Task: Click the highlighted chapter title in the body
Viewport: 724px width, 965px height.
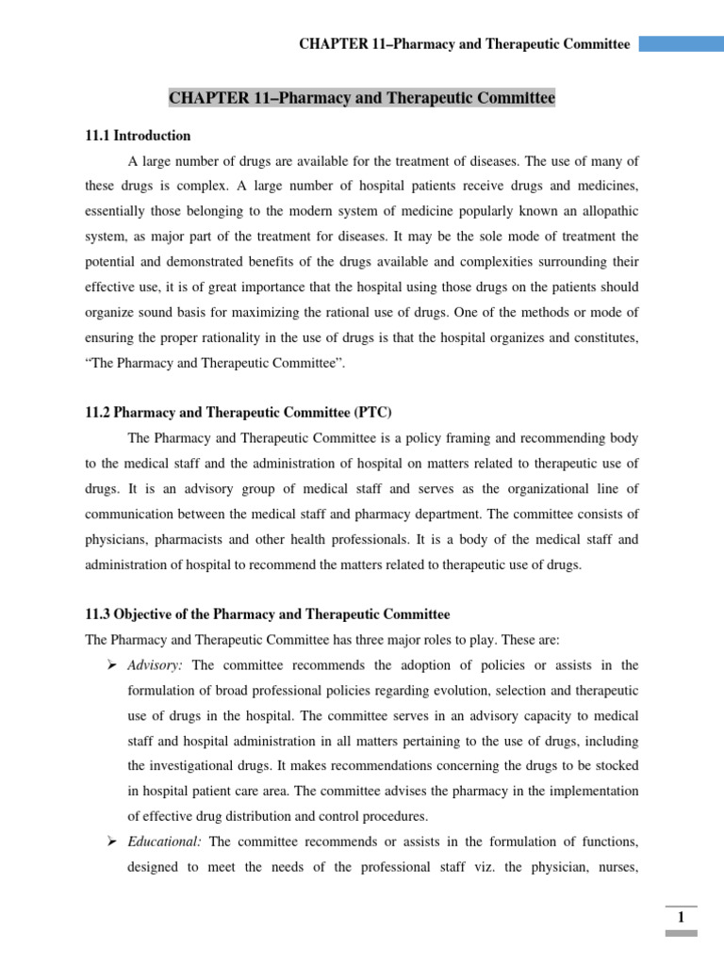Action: pyautogui.click(x=362, y=98)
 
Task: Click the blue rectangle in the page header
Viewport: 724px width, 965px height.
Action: pyautogui.click(x=682, y=44)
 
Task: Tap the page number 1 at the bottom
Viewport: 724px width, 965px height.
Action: pyautogui.click(x=681, y=918)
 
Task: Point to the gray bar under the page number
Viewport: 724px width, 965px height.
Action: pyautogui.click(x=681, y=933)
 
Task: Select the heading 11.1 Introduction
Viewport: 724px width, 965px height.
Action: pyautogui.click(x=138, y=136)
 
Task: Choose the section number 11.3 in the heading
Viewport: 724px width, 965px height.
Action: pyautogui.click(x=100, y=614)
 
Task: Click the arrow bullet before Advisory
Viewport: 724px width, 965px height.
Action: pyautogui.click(x=112, y=665)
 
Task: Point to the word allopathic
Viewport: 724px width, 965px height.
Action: pyautogui.click(x=604, y=213)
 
